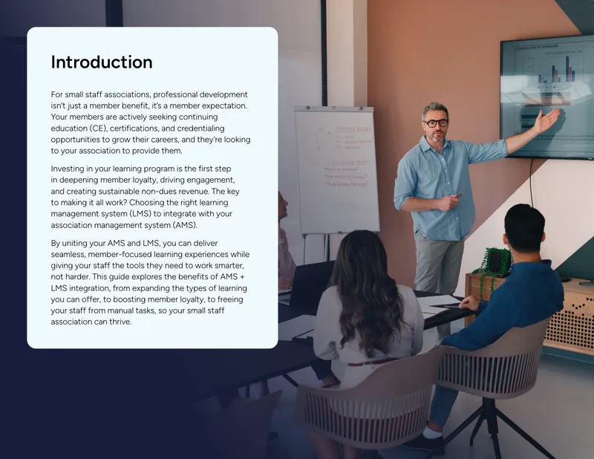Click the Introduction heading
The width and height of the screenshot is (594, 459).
tap(102, 62)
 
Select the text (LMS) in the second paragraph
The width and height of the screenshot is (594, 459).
tap(140, 214)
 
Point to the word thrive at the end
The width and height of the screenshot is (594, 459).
tap(120, 322)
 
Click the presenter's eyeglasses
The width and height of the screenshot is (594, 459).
tap(436, 123)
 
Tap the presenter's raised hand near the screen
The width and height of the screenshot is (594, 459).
tap(548, 120)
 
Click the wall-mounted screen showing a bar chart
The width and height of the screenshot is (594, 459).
tap(547, 97)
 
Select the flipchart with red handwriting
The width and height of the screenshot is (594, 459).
tap(337, 171)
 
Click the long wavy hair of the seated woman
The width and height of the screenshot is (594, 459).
tap(365, 289)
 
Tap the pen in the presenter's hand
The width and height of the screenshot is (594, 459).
tap(457, 196)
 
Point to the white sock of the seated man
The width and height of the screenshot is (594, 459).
tap(432, 432)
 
